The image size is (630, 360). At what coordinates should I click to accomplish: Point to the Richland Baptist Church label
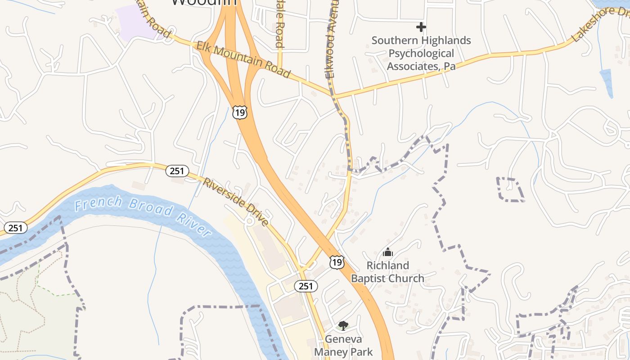[x=387, y=272]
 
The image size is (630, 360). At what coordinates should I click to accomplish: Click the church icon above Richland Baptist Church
[x=387, y=252]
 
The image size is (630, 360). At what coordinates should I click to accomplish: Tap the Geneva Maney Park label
[x=343, y=345]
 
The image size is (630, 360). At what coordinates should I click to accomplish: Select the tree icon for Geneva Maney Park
[x=343, y=325]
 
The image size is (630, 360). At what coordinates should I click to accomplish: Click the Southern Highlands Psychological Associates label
[x=421, y=54]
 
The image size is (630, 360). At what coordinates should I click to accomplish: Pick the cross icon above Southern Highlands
[x=421, y=27]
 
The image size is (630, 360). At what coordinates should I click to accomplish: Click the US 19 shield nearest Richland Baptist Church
[x=337, y=262]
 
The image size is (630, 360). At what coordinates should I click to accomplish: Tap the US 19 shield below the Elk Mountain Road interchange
[x=240, y=112]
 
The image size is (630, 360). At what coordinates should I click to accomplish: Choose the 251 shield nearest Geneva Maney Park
[x=306, y=286]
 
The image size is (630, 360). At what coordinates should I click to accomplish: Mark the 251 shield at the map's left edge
[x=15, y=228]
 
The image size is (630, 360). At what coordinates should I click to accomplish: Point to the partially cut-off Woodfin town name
[x=204, y=3]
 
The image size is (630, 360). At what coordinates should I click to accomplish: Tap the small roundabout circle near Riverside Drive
[x=249, y=221]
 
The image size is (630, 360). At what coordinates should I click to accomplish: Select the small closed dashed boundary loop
[x=510, y=189]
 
